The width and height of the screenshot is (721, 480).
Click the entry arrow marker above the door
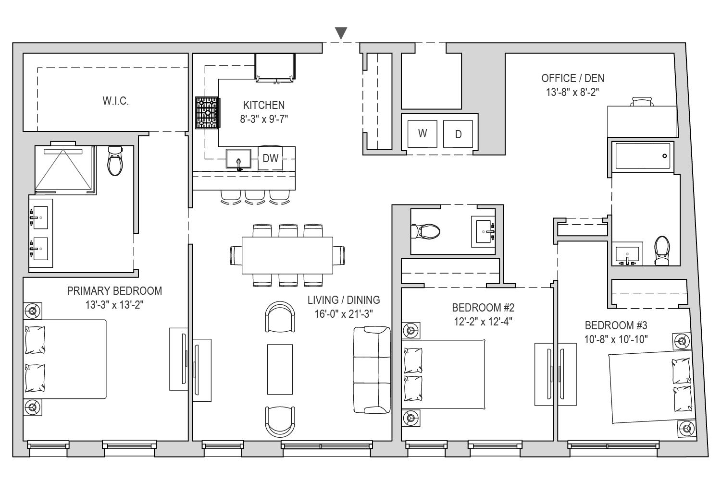click(341, 33)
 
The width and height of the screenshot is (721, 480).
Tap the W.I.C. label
click(115, 101)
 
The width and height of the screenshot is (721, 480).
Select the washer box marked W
click(423, 134)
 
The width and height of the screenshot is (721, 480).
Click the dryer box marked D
click(458, 134)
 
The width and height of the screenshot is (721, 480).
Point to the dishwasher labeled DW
click(270, 158)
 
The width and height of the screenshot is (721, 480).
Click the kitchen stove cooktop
click(208, 112)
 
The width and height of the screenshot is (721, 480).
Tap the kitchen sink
click(238, 158)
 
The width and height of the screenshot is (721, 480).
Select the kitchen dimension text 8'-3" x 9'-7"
click(264, 119)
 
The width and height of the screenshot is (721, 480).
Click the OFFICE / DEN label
click(572, 78)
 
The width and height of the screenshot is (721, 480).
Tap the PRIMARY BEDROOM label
click(114, 291)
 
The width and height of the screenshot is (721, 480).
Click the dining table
click(287, 255)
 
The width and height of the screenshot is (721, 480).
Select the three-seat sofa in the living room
click(372, 370)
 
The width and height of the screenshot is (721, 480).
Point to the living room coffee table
click(280, 370)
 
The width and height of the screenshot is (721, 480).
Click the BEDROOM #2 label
click(483, 308)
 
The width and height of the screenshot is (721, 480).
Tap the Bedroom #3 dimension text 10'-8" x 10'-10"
click(616, 339)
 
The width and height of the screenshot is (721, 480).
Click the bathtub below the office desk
click(643, 156)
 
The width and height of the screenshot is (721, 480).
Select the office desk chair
click(643, 101)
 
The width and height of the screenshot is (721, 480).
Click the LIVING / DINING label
click(344, 300)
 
